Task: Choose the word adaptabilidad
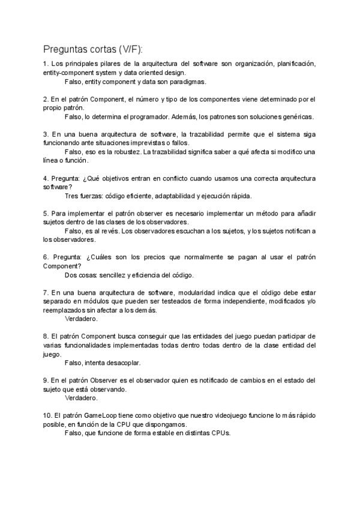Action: click(180, 196)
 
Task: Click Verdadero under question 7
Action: click(80, 319)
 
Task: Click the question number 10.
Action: click(48, 415)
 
